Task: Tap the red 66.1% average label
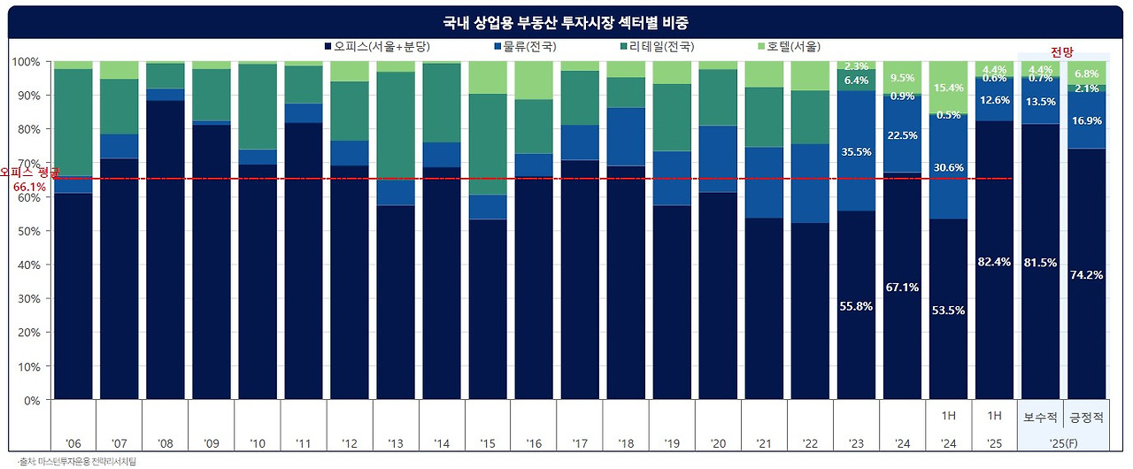click(x=29, y=188)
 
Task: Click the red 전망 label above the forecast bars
click(x=1062, y=52)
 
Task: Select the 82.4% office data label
click(x=994, y=262)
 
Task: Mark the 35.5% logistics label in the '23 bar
click(x=857, y=152)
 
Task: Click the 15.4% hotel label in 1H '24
click(x=948, y=88)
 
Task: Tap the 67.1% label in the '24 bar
click(x=902, y=288)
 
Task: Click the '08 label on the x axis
click(x=165, y=442)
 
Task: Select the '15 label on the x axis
click(x=487, y=442)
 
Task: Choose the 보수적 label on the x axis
click(x=1040, y=416)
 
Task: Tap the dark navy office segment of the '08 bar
click(x=165, y=248)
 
